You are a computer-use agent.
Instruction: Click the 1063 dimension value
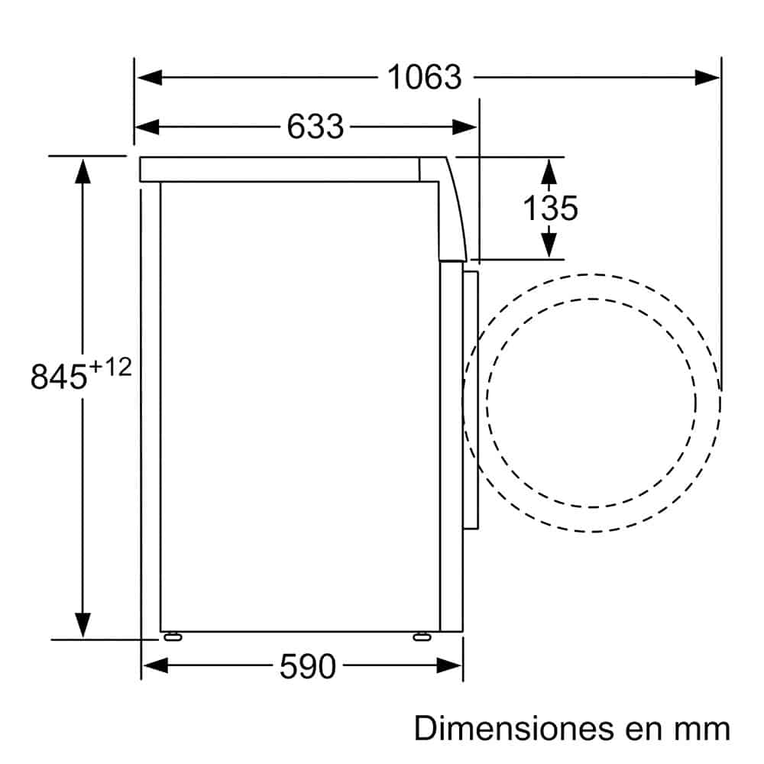pos(425,76)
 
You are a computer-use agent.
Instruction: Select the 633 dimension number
pos(315,126)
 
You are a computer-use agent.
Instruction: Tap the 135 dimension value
pos(550,207)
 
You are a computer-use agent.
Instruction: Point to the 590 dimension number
pos(307,667)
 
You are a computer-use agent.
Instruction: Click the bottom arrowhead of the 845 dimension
pos(83,625)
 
